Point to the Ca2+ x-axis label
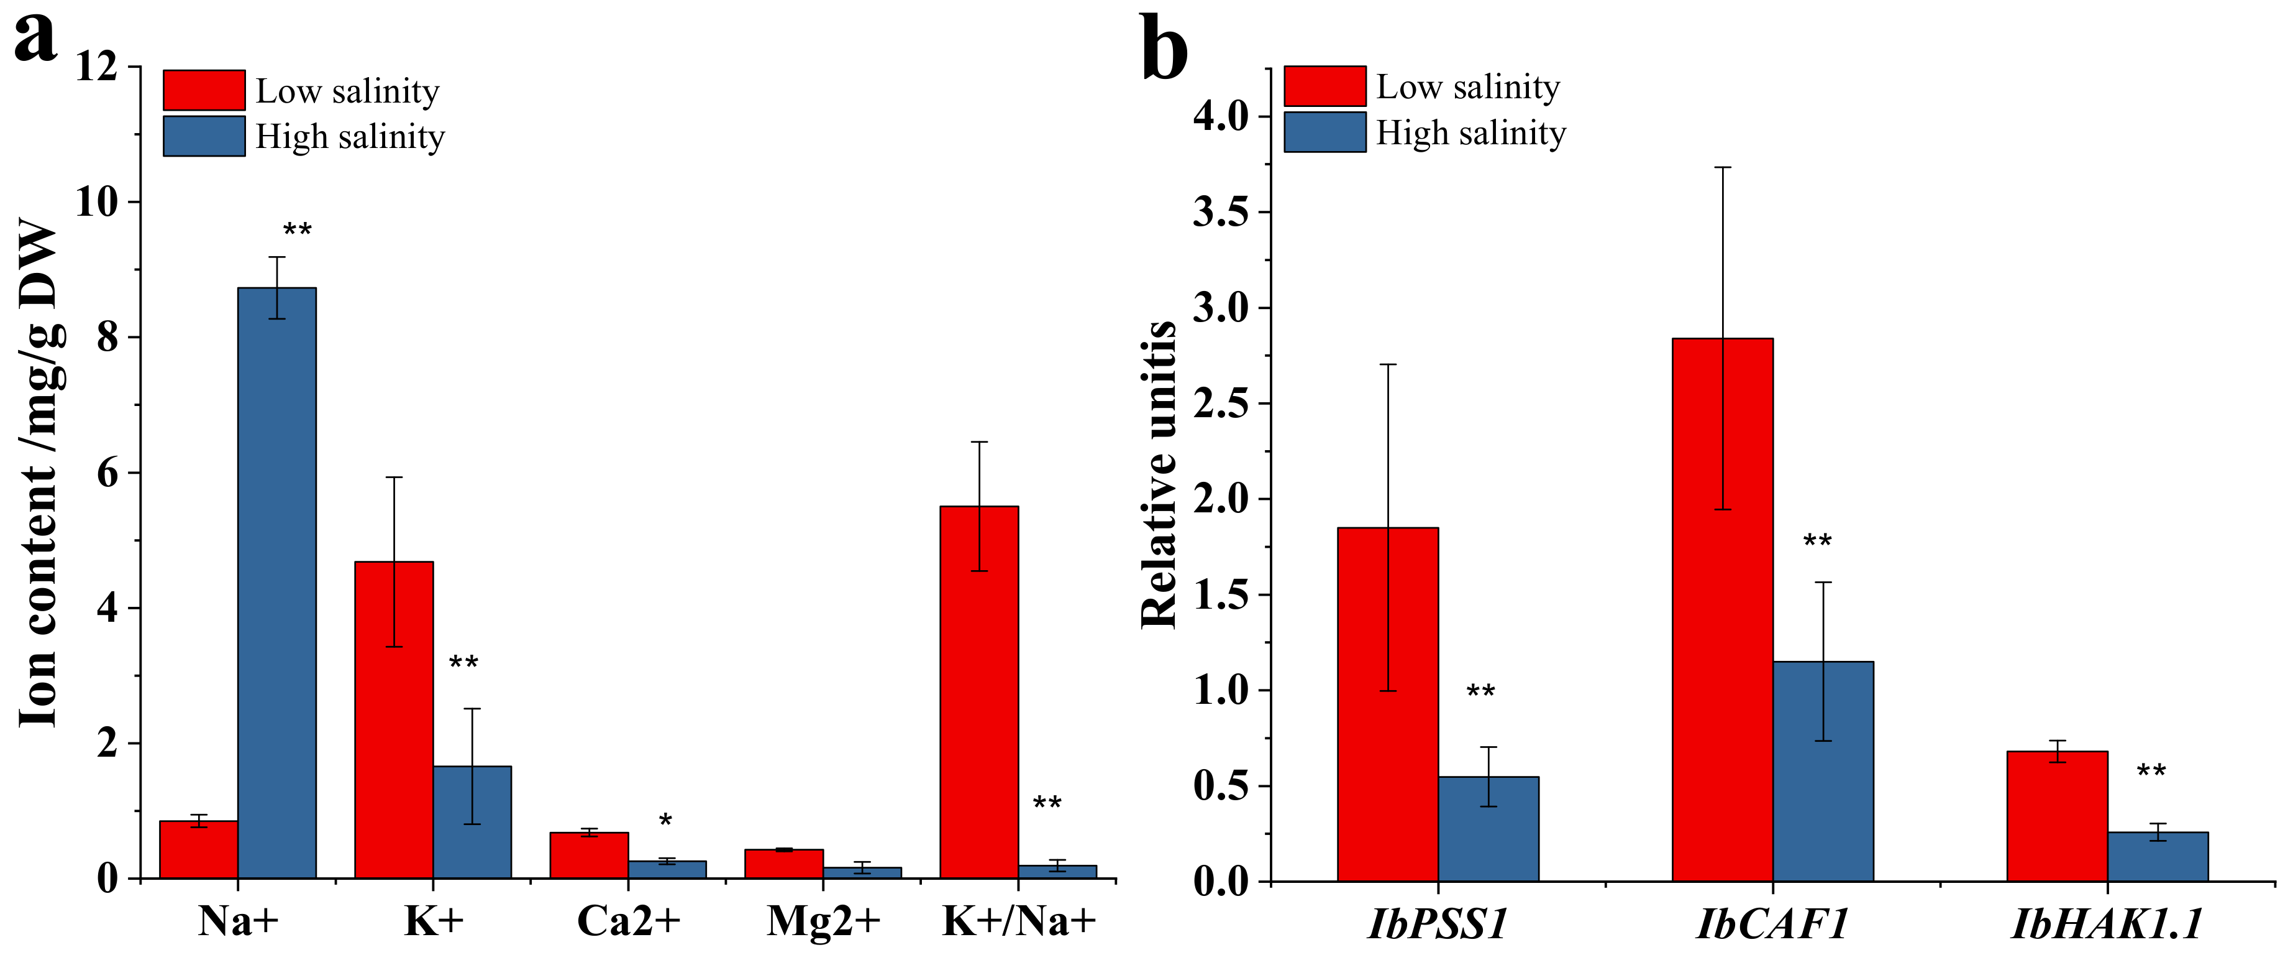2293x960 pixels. pos(629,921)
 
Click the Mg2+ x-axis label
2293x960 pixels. pos(823,921)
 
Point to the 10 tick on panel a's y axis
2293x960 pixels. pos(96,202)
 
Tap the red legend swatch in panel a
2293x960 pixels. pos(204,90)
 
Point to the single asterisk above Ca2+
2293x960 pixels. pos(665,820)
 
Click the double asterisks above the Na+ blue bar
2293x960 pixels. pos(298,231)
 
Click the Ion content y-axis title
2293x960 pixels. pos(40,472)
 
